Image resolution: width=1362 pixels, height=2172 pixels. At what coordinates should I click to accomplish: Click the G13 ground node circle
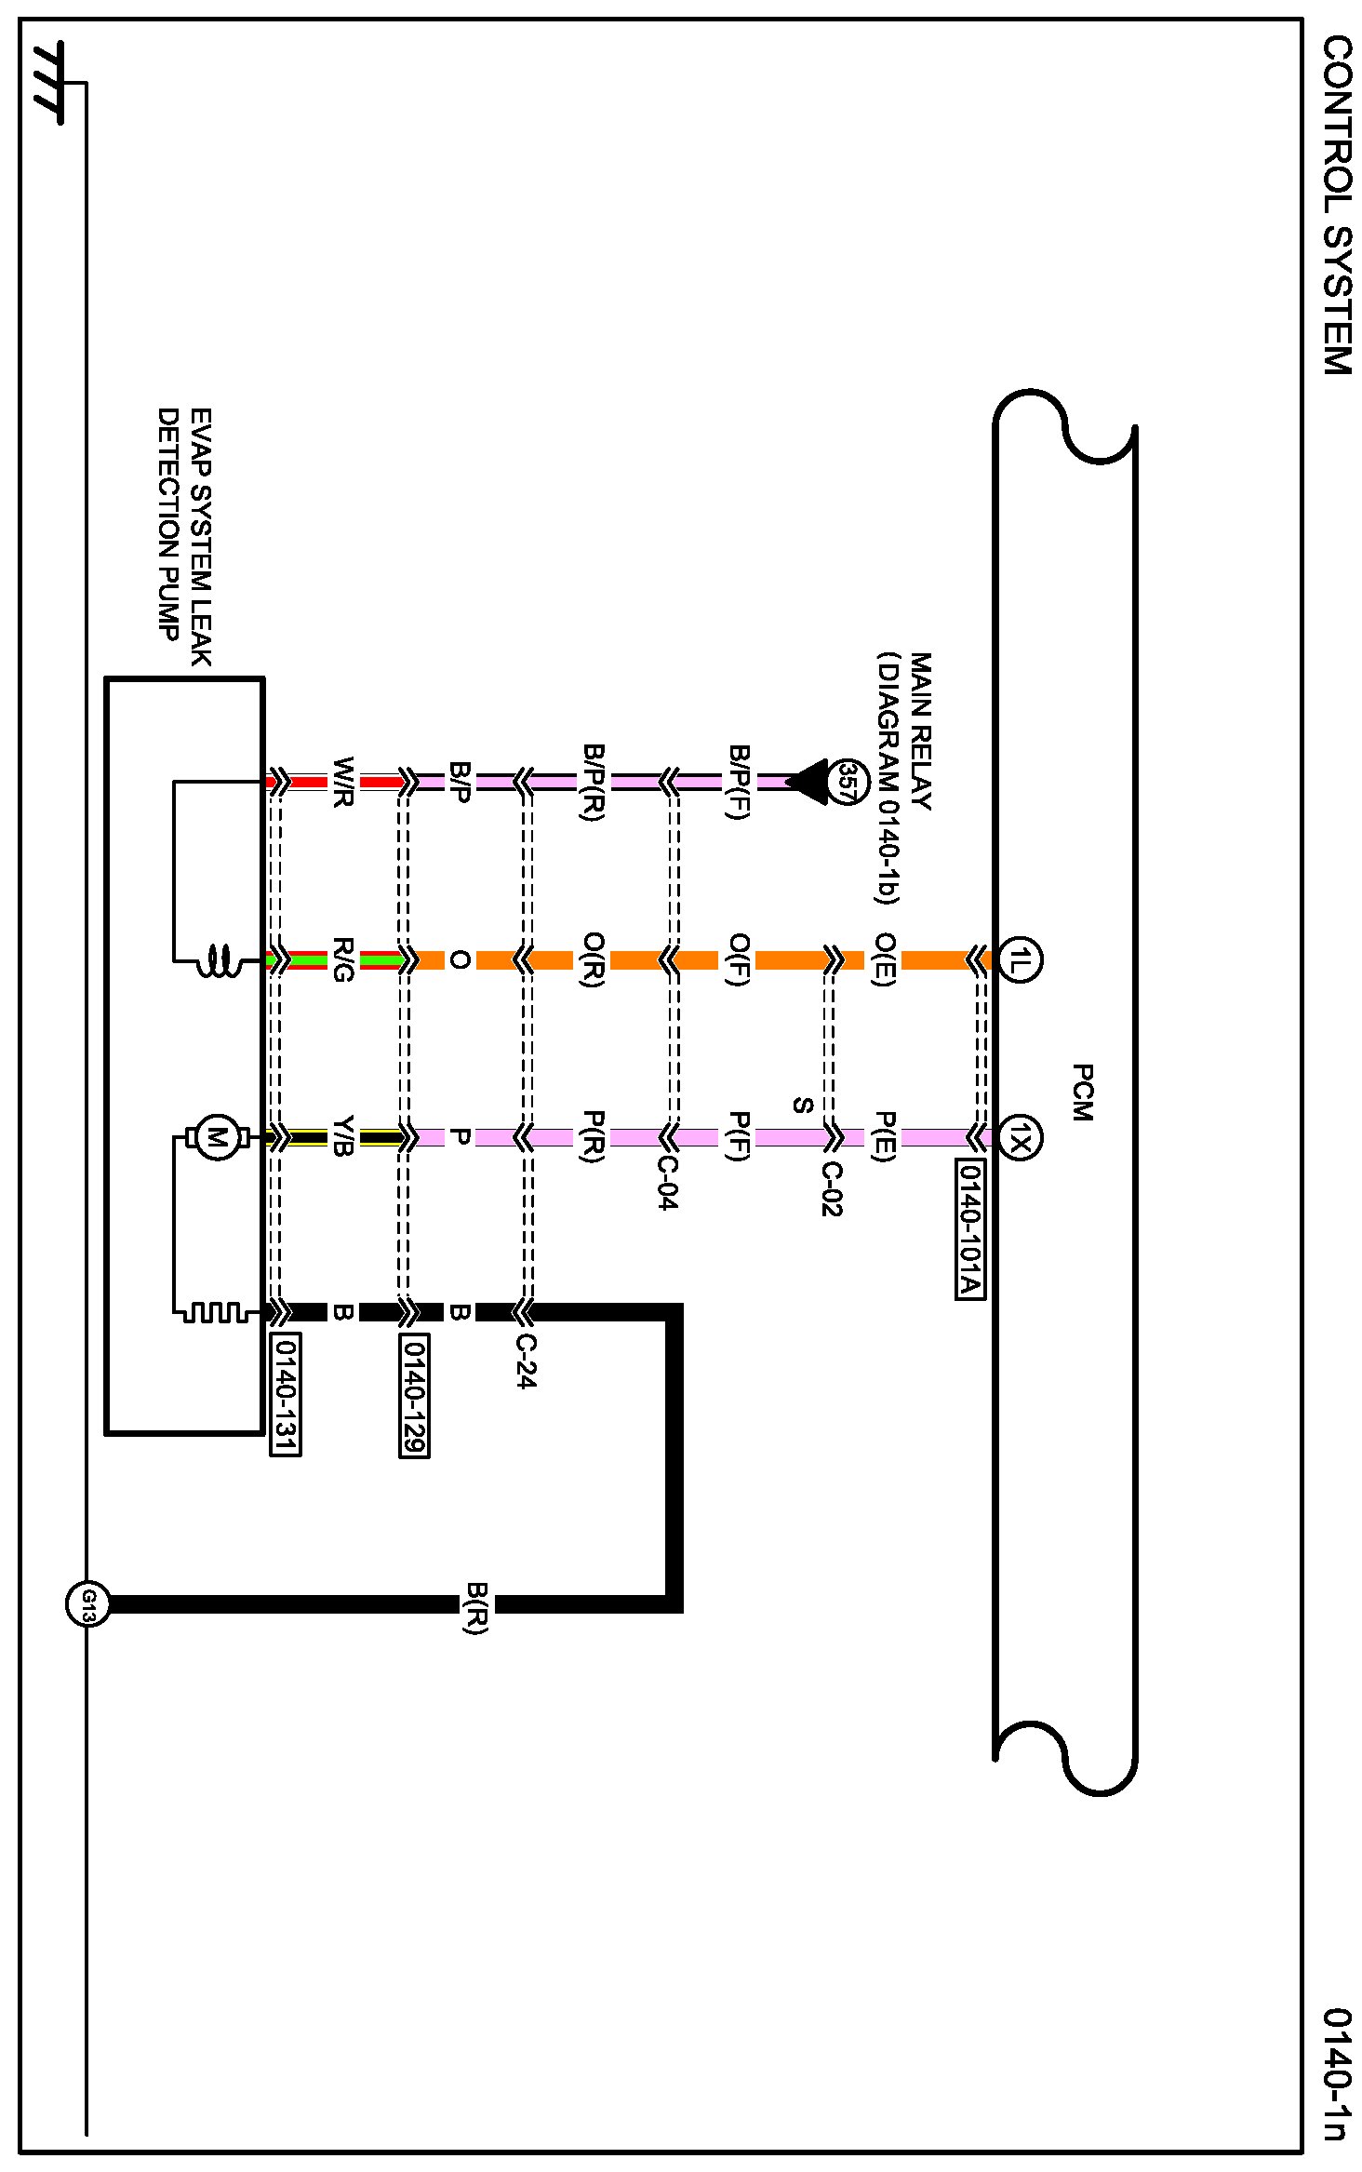pos(87,1604)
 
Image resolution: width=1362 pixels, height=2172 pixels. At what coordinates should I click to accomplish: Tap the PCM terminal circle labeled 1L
pos(1020,959)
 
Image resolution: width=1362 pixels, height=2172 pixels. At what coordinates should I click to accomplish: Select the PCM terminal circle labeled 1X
pos(1020,1137)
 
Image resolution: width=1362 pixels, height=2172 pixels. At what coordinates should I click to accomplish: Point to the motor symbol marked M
pos(217,1137)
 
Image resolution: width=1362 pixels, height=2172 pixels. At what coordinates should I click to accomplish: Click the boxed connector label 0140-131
pos(286,1393)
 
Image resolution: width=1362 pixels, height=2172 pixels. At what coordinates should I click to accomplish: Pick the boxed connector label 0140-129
pos(414,1393)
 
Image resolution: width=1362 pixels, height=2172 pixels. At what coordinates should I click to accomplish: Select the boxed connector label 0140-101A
pos(970,1228)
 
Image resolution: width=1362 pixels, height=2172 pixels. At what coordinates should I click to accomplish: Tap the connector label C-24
pos(526,1361)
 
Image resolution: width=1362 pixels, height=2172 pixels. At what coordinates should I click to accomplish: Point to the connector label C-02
pos(831,1188)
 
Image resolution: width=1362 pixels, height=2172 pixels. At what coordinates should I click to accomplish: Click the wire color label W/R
pos(343,782)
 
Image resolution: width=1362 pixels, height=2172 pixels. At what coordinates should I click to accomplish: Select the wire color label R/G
pos(343,959)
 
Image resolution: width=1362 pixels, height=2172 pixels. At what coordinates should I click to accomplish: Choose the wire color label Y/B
pos(343,1136)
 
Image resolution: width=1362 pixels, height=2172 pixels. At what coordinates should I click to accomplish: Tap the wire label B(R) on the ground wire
pos(476,1607)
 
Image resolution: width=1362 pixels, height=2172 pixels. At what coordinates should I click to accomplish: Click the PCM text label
pos(1082,1093)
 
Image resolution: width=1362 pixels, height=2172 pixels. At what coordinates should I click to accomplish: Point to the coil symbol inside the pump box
pos(219,960)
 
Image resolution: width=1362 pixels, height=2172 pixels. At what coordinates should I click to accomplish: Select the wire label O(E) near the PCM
pos(885,959)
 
